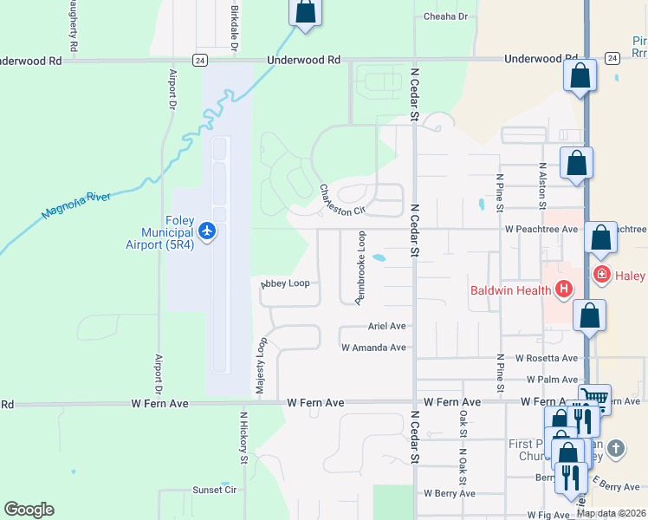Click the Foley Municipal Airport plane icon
pyautogui.click(x=207, y=231)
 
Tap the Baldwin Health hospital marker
pyautogui.click(x=564, y=289)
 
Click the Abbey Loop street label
pyautogui.click(x=285, y=283)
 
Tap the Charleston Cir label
pyautogui.click(x=342, y=199)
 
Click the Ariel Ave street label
pyautogui.click(x=386, y=326)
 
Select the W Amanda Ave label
pyautogui.click(x=373, y=348)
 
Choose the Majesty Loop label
pyautogui.click(x=260, y=367)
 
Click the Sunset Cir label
pyautogui.click(x=214, y=490)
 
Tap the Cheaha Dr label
pyautogui.click(x=445, y=16)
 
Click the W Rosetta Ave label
pyautogui.click(x=546, y=358)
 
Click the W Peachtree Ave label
pyautogui.click(x=541, y=229)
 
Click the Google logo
pyautogui.click(x=29, y=510)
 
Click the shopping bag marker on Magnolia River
pyautogui.click(x=304, y=12)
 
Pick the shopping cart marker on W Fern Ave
pyautogui.click(x=594, y=397)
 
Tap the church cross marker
pyautogui.click(x=615, y=449)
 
